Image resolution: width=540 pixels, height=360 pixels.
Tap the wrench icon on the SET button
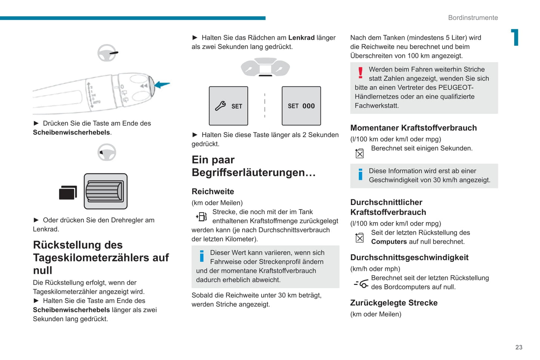coord(220,106)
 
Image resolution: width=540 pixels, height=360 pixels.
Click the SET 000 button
coord(301,106)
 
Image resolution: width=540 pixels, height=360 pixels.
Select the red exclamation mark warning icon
coord(360,72)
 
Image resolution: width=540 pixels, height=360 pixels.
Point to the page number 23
coord(519,347)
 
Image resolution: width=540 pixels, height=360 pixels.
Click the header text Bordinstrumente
coord(473,18)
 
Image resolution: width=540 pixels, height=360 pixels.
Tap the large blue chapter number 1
coord(515,37)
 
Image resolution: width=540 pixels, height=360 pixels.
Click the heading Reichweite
coord(213,192)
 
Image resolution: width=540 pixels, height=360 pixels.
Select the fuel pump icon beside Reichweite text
coord(201,217)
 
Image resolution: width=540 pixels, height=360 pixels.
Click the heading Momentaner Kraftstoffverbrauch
coord(413,128)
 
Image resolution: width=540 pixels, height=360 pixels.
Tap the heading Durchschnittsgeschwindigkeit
coord(409,257)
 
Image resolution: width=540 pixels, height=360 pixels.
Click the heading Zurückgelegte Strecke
coord(394,303)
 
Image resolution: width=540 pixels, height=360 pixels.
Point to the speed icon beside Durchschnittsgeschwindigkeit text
coord(361,284)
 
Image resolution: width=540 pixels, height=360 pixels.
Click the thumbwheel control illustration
coord(105,191)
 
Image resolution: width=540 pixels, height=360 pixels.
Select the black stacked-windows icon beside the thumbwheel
coord(68,192)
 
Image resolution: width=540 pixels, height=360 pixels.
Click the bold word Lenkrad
coord(301,38)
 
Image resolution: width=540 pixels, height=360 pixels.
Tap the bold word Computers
coord(389,242)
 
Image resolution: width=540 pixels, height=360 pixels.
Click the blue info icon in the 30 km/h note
coord(360,174)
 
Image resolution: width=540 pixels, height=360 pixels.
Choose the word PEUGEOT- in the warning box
coord(456,87)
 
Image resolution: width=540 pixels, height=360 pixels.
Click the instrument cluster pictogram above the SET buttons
coord(265,68)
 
